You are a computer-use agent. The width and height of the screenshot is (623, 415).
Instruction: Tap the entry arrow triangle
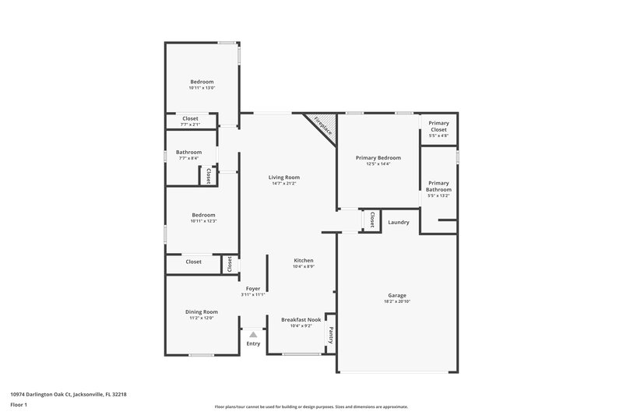pyautogui.click(x=253, y=335)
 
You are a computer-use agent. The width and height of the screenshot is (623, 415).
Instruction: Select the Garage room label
pyautogui.click(x=397, y=295)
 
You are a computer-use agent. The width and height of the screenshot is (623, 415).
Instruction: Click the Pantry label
pyautogui.click(x=330, y=335)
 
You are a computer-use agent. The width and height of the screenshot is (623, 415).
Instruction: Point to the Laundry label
pyautogui.click(x=399, y=223)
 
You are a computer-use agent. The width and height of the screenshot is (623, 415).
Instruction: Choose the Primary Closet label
pyautogui.click(x=438, y=126)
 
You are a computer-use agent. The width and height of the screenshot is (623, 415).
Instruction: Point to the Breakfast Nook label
pyautogui.click(x=301, y=319)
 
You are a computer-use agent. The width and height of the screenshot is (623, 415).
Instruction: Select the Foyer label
pyautogui.click(x=253, y=288)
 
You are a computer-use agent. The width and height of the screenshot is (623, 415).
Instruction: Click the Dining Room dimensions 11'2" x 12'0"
pyautogui.click(x=201, y=318)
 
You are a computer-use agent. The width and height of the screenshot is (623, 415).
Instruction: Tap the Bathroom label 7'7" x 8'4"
pyautogui.click(x=188, y=152)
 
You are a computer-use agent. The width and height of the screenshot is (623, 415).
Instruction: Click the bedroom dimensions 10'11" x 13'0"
pyautogui.click(x=202, y=88)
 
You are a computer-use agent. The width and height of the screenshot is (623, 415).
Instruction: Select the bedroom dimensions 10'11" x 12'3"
pyautogui.click(x=203, y=221)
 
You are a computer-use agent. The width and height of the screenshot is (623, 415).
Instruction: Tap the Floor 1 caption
pyautogui.click(x=19, y=405)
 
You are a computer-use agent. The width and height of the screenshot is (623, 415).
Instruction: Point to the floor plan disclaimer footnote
pyautogui.click(x=311, y=406)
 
